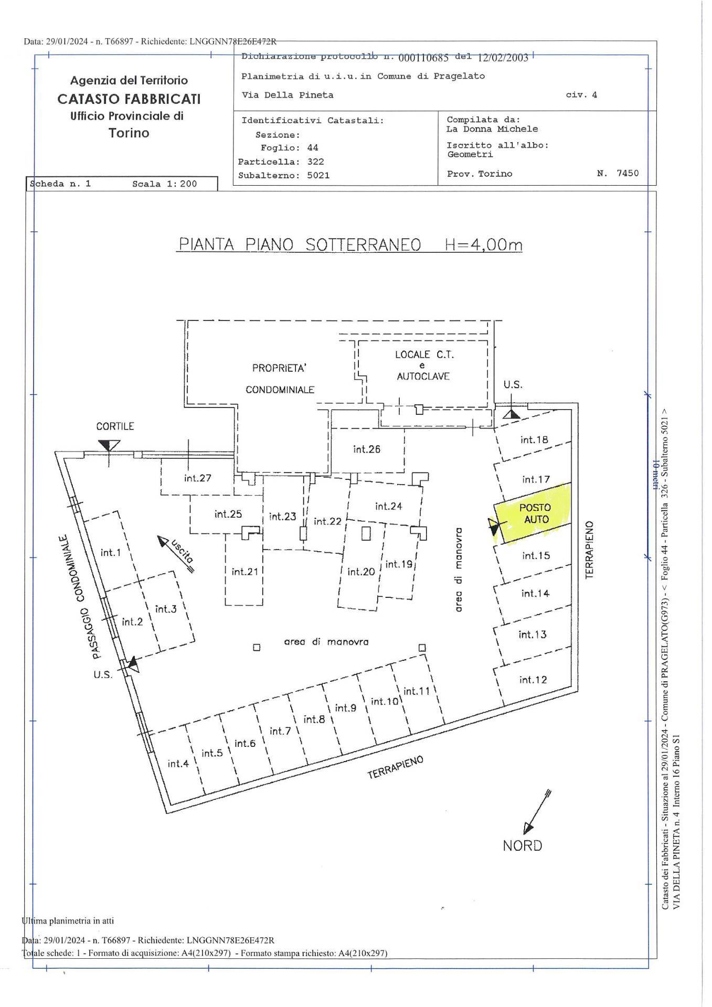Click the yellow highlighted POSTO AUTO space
[533, 513]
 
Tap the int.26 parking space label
[367, 449]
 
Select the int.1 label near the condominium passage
[111, 552]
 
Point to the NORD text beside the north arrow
[522, 845]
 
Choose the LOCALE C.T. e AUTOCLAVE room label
[424, 365]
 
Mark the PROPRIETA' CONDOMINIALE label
[280, 379]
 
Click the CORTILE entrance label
[115, 426]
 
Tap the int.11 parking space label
[417, 691]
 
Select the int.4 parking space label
[178, 764]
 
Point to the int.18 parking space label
[534, 440]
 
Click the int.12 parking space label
[533, 680]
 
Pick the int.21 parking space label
[245, 571]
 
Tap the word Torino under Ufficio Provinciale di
[129, 133]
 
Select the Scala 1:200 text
[165, 184]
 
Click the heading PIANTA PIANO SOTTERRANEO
[300, 245]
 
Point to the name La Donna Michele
[492, 129]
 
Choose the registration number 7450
[628, 174]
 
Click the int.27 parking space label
[198, 478]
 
